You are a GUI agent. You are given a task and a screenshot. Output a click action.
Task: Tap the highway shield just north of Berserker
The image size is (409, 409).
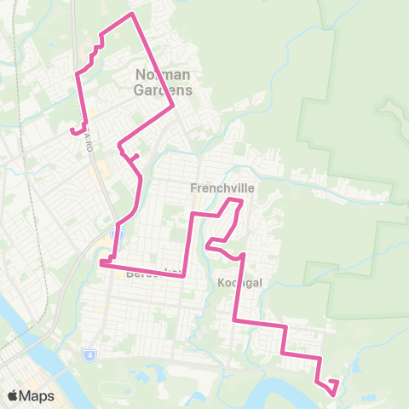pos(118,233)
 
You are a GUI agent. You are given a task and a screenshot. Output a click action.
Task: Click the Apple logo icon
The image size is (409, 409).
pos(14,396)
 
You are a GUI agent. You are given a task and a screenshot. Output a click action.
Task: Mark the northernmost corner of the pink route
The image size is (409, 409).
pos(131,14)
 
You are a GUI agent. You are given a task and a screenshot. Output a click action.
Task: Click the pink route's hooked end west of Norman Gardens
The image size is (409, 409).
pos(71,130)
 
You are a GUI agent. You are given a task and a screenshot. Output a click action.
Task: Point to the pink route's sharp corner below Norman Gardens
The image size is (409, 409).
pos(173,107)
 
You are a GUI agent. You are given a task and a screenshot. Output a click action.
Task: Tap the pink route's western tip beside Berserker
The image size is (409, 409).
pos(101,263)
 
